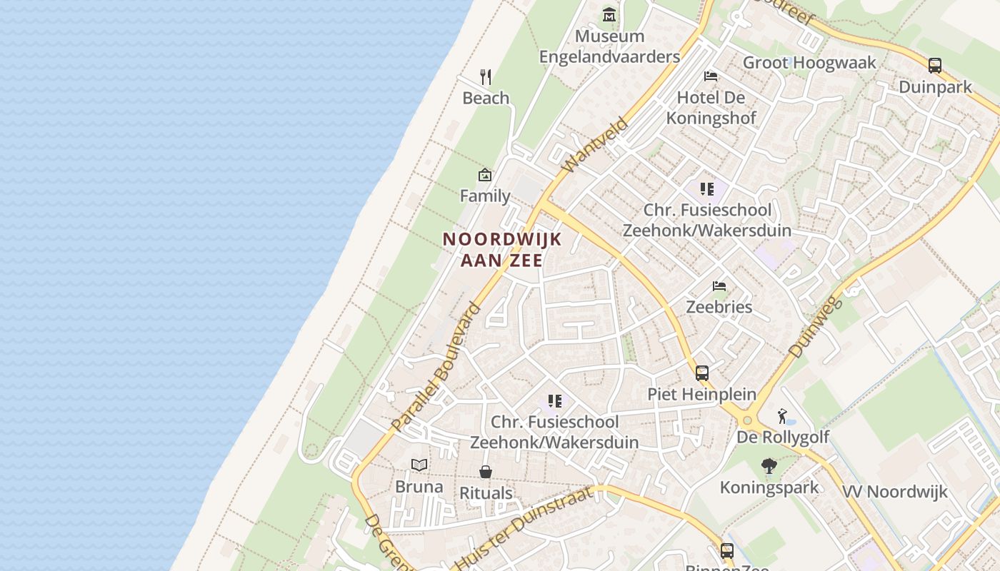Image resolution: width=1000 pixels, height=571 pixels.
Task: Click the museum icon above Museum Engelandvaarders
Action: click(x=609, y=14)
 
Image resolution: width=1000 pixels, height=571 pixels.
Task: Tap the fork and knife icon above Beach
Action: click(x=486, y=76)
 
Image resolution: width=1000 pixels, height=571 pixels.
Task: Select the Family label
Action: click(x=485, y=196)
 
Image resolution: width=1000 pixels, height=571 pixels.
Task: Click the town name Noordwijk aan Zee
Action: click(x=502, y=249)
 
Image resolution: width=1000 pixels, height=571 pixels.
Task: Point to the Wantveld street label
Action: click(x=595, y=146)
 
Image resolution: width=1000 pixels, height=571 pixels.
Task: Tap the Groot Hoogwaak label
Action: click(x=809, y=63)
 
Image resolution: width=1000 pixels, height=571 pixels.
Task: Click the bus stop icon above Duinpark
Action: click(x=935, y=66)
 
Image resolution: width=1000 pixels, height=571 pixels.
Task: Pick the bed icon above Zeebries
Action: click(x=719, y=286)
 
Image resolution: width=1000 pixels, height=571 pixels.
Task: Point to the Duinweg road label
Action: click(x=816, y=328)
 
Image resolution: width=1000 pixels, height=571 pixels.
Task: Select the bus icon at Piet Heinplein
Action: click(x=702, y=373)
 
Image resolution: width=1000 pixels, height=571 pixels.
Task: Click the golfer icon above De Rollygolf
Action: click(x=783, y=415)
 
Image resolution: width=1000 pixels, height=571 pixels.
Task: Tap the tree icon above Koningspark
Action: click(x=769, y=466)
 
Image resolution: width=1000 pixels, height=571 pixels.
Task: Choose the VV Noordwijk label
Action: click(x=895, y=492)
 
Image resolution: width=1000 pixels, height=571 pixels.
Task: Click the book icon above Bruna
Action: click(x=419, y=465)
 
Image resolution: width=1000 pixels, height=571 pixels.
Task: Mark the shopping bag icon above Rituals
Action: click(x=486, y=472)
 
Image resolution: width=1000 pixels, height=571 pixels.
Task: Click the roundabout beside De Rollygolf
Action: click(x=748, y=420)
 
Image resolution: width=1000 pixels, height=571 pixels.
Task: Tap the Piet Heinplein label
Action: click(x=701, y=394)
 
